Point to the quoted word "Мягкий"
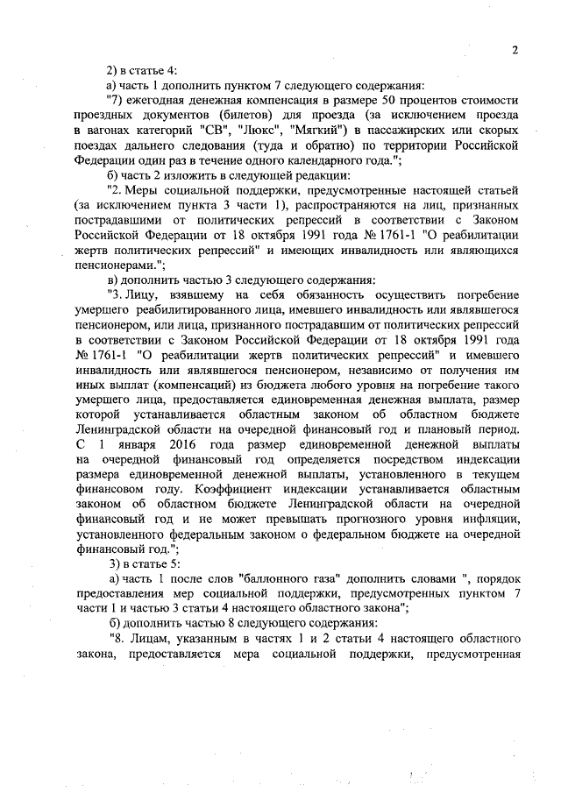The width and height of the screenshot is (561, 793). point(315,131)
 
